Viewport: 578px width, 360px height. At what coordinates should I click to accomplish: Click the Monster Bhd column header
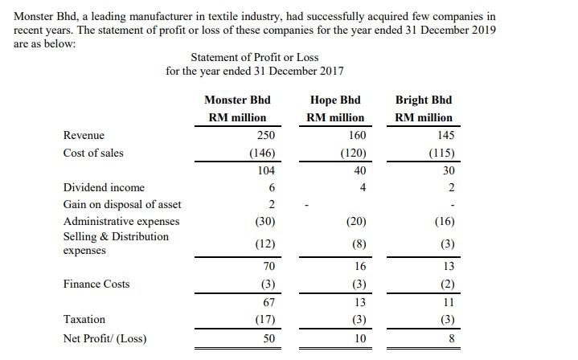pyautogui.click(x=237, y=100)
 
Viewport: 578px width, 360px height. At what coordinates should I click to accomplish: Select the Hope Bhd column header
pyautogui.click(x=335, y=100)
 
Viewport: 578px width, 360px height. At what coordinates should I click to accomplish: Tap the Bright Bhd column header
pyautogui.click(x=424, y=100)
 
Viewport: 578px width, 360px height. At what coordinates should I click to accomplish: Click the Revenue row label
pyautogui.click(x=84, y=135)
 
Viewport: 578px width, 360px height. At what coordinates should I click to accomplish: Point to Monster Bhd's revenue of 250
pyautogui.click(x=266, y=135)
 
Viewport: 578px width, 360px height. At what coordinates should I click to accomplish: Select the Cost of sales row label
pyautogui.click(x=93, y=153)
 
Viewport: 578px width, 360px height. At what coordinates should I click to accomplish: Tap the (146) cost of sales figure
pyautogui.click(x=262, y=153)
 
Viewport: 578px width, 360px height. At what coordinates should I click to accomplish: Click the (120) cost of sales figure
pyautogui.click(x=352, y=153)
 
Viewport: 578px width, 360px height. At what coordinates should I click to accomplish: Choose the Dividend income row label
pyautogui.click(x=104, y=187)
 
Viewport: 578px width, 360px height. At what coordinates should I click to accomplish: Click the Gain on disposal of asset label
pyautogui.click(x=122, y=204)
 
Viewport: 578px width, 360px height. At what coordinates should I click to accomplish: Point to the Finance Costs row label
pyautogui.click(x=96, y=284)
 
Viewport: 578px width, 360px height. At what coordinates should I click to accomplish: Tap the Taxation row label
pyautogui.click(x=84, y=319)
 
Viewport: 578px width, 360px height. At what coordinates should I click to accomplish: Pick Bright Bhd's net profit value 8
pyautogui.click(x=451, y=339)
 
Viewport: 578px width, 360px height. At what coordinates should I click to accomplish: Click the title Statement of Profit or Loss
pyautogui.click(x=254, y=57)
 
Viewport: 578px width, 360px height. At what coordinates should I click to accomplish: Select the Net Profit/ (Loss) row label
pyautogui.click(x=105, y=338)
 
